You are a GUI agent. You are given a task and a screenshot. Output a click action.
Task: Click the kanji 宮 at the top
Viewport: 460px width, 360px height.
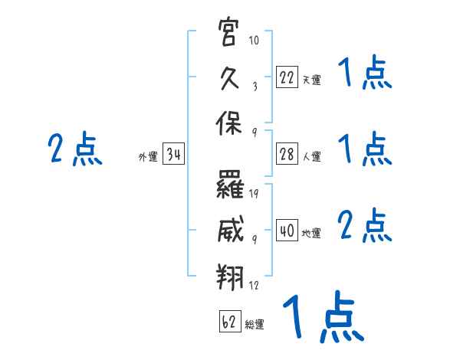[x=228, y=31]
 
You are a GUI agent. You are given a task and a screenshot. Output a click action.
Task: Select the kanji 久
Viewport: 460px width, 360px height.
[x=229, y=77]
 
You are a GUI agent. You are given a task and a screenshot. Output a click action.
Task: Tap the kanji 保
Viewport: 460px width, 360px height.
[x=228, y=123]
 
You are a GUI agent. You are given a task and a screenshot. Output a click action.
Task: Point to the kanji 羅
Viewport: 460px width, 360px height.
[x=230, y=185]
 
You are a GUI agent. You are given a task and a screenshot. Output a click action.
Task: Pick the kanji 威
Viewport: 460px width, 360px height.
[x=231, y=229]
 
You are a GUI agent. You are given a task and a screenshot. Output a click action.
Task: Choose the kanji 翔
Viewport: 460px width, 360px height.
[x=230, y=277]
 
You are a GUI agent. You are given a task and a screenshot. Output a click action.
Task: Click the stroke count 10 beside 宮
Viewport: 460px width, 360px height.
[x=254, y=40]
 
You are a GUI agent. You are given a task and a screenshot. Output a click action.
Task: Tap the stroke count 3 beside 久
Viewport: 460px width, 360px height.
[x=255, y=87]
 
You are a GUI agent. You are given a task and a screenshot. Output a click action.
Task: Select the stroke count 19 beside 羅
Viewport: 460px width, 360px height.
[x=254, y=194]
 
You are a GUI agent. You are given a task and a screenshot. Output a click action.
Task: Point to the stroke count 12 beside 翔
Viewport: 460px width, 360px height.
[x=254, y=285]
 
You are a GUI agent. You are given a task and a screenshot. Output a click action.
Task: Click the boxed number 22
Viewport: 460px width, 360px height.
[x=287, y=77]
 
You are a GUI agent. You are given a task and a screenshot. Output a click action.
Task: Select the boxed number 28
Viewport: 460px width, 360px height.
[x=287, y=154]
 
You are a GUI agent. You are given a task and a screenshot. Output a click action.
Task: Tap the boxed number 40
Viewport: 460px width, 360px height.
[x=287, y=230]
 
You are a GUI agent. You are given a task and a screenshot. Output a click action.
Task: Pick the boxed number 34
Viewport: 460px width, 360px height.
[x=173, y=154]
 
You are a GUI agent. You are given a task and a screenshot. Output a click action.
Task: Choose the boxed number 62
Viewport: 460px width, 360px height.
[x=230, y=322]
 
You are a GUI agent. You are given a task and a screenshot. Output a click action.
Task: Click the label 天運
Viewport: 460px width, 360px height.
[x=311, y=80]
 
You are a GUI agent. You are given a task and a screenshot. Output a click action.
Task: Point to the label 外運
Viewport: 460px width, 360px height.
[x=148, y=156]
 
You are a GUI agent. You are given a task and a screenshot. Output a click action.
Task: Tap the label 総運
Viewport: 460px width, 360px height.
[x=255, y=325]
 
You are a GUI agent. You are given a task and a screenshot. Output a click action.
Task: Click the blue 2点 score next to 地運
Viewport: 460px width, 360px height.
[x=365, y=225]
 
